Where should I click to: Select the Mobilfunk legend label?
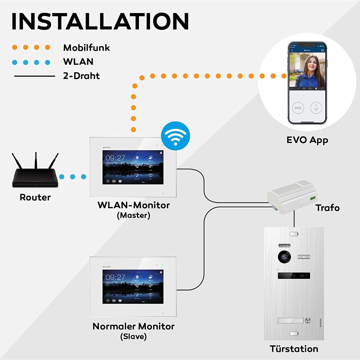click(86, 48)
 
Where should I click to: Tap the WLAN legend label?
click(78, 61)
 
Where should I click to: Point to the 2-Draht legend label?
click(81, 76)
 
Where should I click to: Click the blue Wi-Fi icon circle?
click(175, 136)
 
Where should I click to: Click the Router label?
click(35, 197)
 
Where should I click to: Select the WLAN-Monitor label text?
click(133, 205)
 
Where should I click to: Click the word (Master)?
click(133, 215)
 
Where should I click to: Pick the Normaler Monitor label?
click(133, 326)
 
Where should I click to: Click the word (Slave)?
click(133, 337)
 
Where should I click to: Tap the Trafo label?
click(327, 208)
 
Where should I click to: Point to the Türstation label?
click(294, 349)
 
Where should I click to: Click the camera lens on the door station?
click(284, 257)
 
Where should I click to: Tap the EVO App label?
click(307, 140)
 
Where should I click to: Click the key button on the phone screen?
click(298, 107)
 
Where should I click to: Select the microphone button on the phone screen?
click(316, 107)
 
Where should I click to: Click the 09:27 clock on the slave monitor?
click(115, 277)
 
